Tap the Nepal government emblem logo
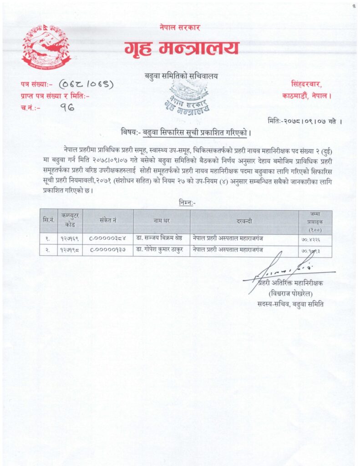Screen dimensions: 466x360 click(x=46, y=47)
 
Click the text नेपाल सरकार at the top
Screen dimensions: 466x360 click(x=180, y=28)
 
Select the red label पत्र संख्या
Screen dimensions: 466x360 click(x=36, y=84)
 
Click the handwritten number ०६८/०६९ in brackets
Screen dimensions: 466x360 click(x=86, y=84)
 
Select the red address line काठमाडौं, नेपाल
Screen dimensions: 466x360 click(x=307, y=96)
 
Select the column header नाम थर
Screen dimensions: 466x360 click(x=162, y=221)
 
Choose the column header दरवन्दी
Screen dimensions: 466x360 click(x=244, y=221)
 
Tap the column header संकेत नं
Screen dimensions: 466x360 click(x=108, y=221)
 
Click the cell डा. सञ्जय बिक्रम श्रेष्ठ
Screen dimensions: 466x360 click(x=162, y=239)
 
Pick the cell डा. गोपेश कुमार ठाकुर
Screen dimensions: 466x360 click(x=162, y=250)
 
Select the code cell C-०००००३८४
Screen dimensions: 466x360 click(x=108, y=239)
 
